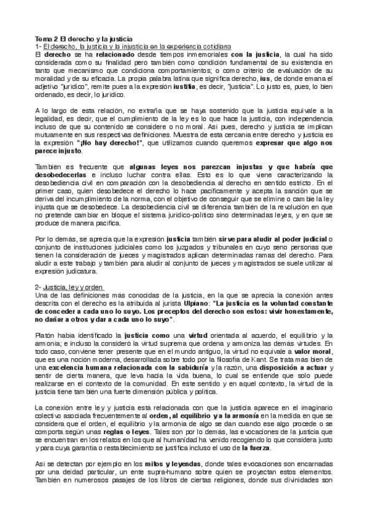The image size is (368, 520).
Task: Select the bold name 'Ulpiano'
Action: (x=197, y=303)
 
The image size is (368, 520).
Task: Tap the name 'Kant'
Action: (x=285, y=361)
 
